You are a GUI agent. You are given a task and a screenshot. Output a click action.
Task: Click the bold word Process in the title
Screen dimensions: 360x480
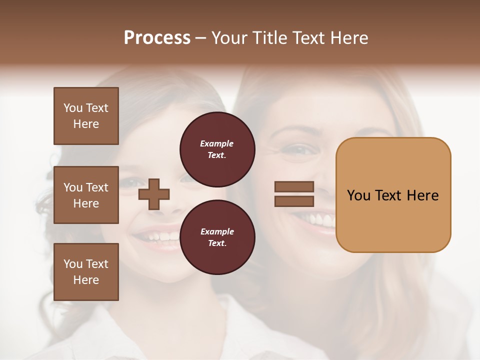pos(157,38)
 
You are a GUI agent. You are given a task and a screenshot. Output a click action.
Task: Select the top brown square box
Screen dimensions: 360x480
pos(86,116)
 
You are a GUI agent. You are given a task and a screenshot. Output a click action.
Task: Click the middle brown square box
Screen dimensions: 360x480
pos(86,195)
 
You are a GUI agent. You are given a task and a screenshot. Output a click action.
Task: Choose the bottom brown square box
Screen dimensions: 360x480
pos(86,272)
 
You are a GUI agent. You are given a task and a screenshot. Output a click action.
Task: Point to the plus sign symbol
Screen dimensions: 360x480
pos(154,194)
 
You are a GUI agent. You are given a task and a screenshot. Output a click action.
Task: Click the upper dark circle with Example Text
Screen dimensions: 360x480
pos(217,149)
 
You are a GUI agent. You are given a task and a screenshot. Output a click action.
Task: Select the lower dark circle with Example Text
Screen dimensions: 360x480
pos(217,237)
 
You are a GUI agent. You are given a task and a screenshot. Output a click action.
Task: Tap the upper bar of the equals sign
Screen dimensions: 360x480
pos(294,186)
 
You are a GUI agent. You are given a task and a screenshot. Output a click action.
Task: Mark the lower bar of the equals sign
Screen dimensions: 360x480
pos(294,201)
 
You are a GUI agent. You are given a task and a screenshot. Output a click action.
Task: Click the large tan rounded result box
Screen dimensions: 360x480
pos(393,195)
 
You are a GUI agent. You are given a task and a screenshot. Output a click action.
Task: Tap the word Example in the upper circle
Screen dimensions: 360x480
pos(217,143)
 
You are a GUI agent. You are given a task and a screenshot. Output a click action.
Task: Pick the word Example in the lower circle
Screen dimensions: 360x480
pos(217,231)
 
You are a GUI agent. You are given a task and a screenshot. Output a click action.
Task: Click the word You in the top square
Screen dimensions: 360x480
pos(73,108)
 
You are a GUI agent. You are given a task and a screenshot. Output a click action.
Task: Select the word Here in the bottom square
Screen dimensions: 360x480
pos(86,280)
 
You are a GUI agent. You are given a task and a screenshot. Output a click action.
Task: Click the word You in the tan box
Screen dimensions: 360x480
pos(359,195)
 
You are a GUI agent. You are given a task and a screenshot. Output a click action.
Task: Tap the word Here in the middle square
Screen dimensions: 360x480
pos(86,203)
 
